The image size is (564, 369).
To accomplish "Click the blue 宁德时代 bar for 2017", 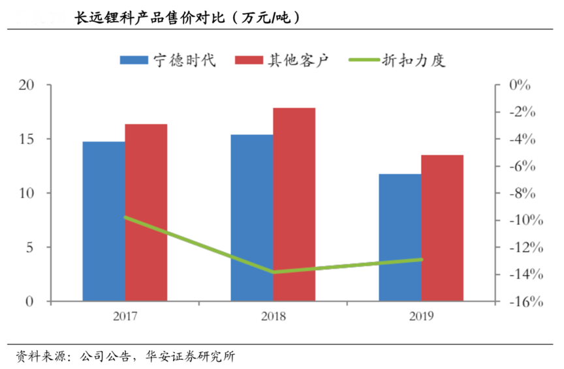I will [x=104, y=222].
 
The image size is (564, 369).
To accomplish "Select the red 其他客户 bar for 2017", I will [x=146, y=213].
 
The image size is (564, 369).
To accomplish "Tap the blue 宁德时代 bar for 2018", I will [x=252, y=218].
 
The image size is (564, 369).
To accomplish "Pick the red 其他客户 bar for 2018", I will [x=294, y=205].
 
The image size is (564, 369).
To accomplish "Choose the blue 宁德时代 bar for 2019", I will [x=400, y=238].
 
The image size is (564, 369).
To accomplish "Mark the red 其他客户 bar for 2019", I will [x=442, y=228].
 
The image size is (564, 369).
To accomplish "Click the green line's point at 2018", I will [x=274, y=272].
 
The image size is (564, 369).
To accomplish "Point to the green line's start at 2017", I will [x=125, y=217].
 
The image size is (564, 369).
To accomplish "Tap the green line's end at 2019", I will [x=422, y=259].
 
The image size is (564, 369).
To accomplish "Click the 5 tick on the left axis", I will [x=30, y=248].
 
